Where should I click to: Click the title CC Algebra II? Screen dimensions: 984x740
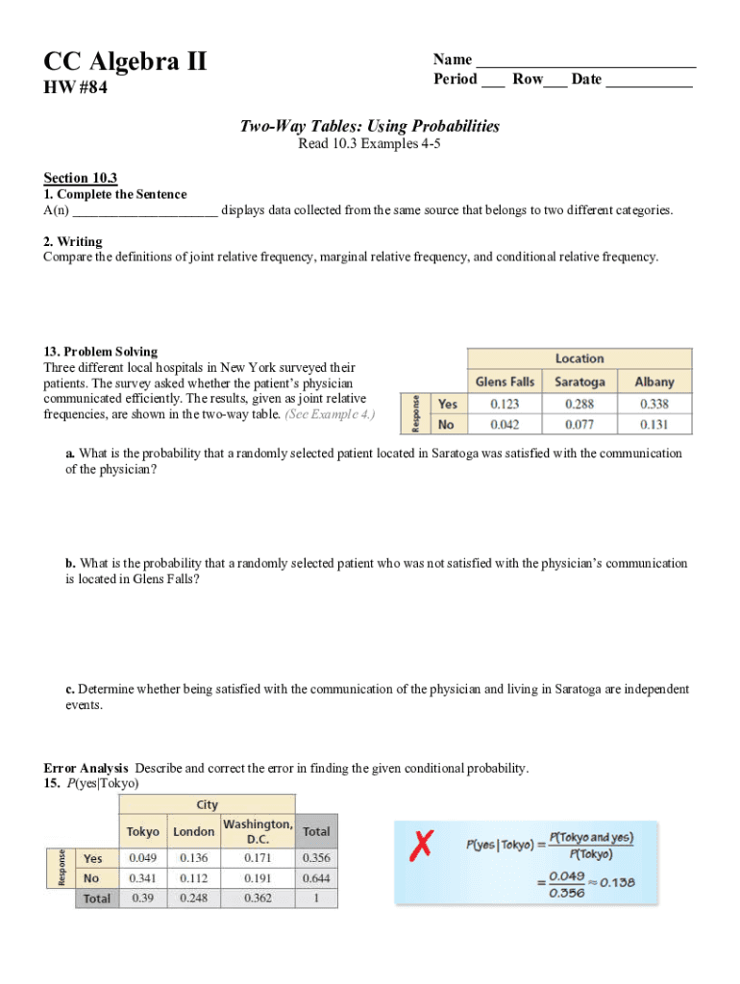click(x=125, y=62)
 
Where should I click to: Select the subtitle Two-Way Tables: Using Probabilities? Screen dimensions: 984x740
click(x=370, y=126)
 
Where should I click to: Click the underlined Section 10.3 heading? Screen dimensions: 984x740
click(x=81, y=178)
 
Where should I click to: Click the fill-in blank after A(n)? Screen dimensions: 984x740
click(x=145, y=210)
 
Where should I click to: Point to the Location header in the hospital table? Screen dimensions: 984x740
click(x=580, y=358)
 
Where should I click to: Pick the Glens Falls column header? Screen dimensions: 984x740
click(x=505, y=381)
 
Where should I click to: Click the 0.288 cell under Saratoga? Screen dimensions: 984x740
click(x=580, y=404)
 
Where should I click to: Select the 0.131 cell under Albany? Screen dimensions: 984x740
click(x=654, y=424)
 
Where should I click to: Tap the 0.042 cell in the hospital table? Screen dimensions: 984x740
click(x=505, y=424)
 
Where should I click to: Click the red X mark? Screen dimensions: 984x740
click(x=419, y=847)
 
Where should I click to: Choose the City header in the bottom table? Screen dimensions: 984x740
click(x=207, y=804)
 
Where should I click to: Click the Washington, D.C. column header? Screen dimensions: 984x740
click(x=258, y=831)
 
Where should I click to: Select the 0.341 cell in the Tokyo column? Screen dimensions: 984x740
click(x=143, y=878)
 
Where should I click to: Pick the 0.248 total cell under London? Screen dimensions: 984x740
click(x=193, y=898)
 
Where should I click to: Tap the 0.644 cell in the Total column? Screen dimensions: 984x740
click(x=315, y=878)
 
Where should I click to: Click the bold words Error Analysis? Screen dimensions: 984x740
click(x=86, y=768)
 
